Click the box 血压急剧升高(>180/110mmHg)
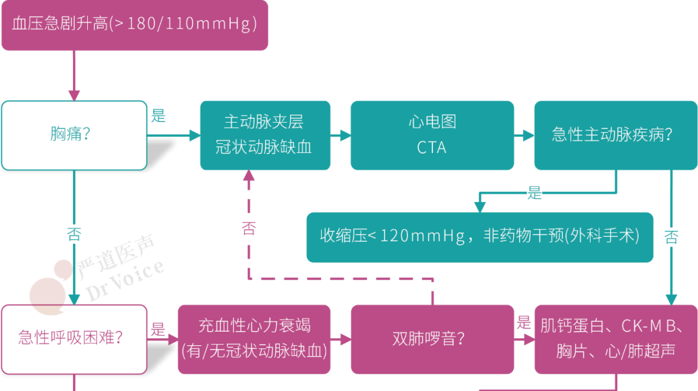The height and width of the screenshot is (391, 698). (x=134, y=25)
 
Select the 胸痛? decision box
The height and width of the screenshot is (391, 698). (x=74, y=135)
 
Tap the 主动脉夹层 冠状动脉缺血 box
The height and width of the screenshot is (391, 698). (x=264, y=135)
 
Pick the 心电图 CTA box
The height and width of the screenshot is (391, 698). (x=432, y=135)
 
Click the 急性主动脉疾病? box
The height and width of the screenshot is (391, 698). (x=615, y=135)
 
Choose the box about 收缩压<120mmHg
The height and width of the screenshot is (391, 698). (x=479, y=237)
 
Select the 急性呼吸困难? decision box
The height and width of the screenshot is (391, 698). (x=74, y=339)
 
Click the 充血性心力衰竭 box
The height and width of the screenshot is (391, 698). (x=254, y=339)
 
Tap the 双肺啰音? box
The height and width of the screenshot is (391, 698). (x=432, y=339)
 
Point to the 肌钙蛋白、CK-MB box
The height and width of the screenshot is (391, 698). (x=615, y=339)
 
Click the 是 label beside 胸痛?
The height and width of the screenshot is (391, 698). (x=158, y=117)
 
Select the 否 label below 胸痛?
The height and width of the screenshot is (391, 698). (x=74, y=234)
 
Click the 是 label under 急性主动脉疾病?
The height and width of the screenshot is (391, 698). (x=534, y=193)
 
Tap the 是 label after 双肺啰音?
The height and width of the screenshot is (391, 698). (x=523, y=323)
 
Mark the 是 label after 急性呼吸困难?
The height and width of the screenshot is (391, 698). (x=158, y=330)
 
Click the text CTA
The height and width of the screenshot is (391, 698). (x=431, y=148)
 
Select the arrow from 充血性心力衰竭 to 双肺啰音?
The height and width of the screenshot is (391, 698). (x=341, y=339)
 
